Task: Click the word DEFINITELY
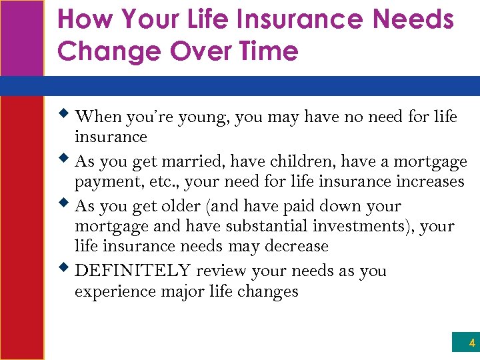pyautogui.click(x=134, y=271)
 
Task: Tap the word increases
pyautogui.click(x=429, y=181)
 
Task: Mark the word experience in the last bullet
pyautogui.click(x=109, y=291)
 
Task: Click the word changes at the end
pyautogui.click(x=270, y=291)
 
